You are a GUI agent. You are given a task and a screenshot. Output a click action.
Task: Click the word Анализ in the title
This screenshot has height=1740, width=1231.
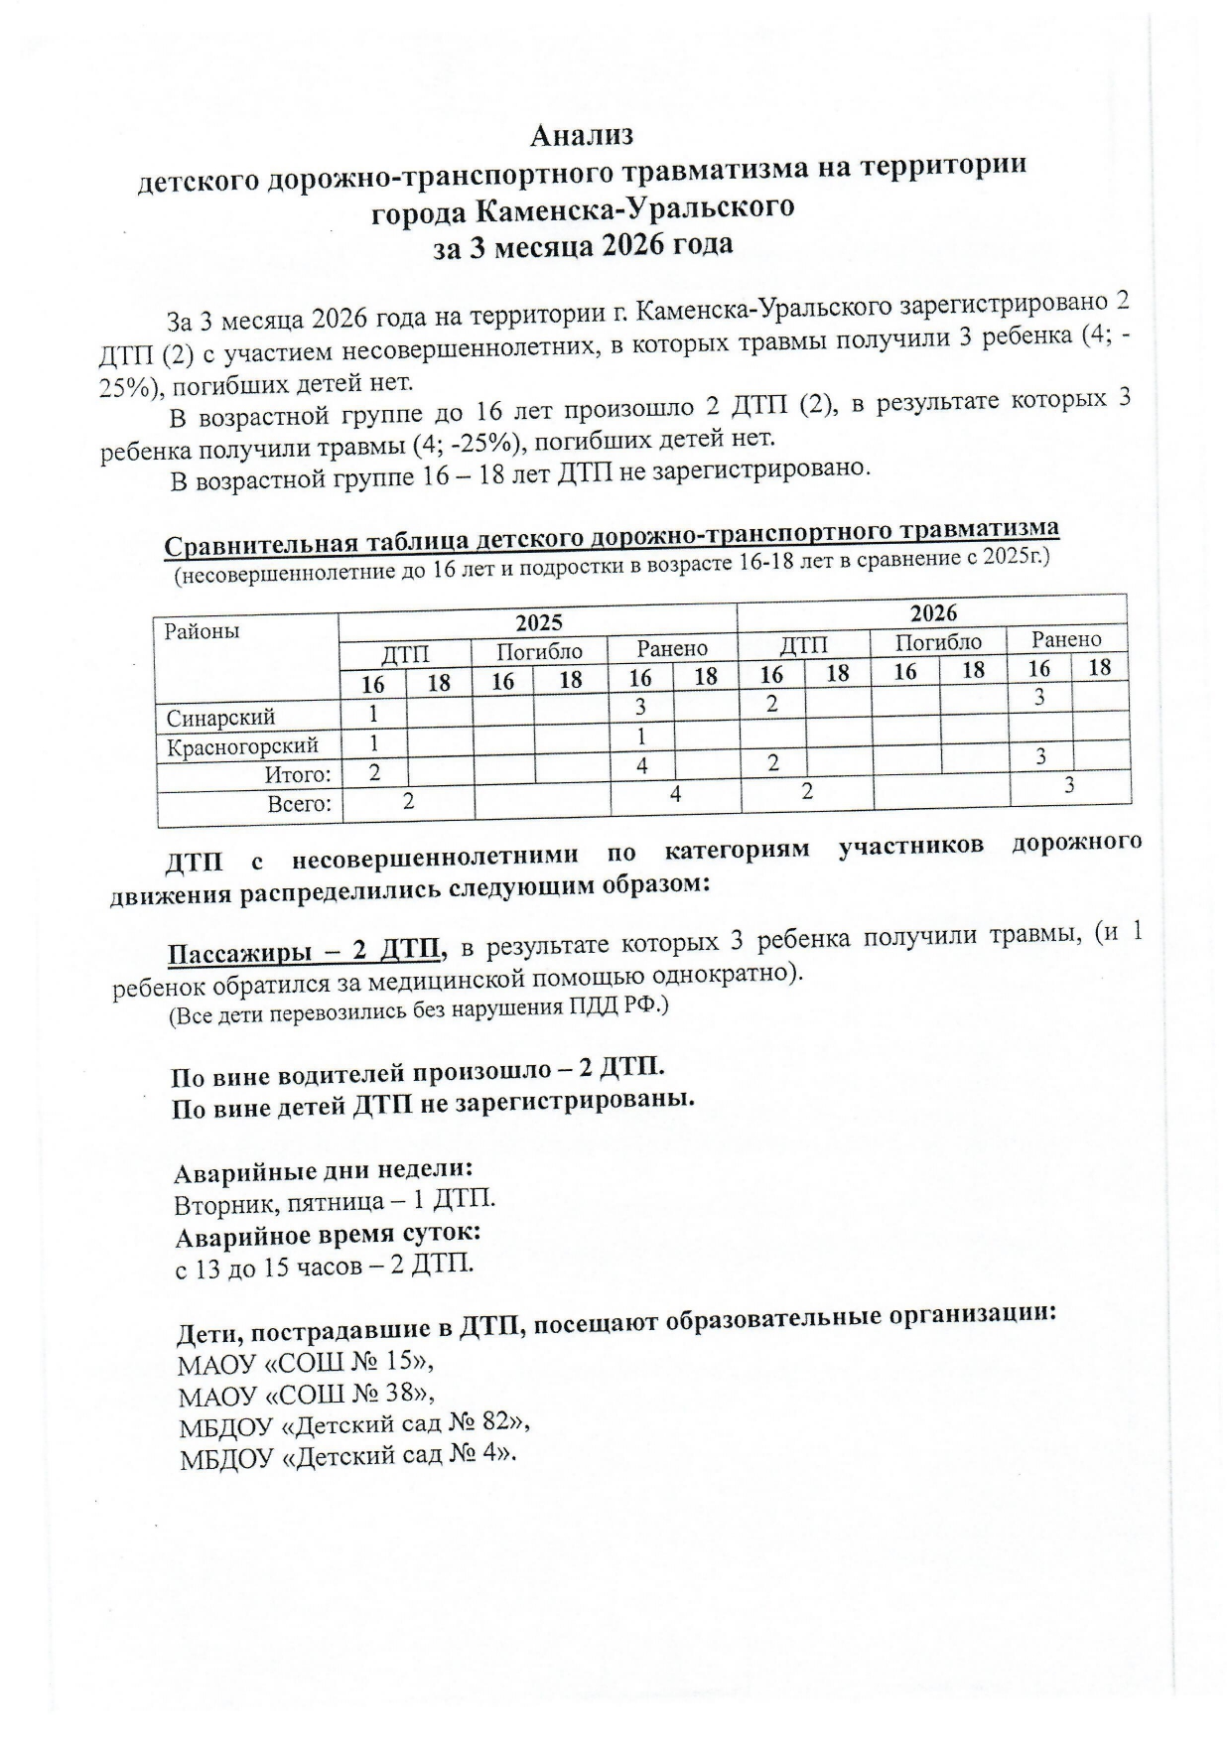coord(582,134)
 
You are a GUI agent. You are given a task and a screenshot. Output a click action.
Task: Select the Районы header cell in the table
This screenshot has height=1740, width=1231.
coord(203,631)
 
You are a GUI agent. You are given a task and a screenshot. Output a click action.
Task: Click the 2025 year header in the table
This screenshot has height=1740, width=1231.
coord(538,622)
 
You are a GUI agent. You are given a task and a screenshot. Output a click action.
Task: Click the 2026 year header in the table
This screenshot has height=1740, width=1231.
coord(933,612)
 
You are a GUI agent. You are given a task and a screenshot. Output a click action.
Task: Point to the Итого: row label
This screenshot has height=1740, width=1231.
coord(297,775)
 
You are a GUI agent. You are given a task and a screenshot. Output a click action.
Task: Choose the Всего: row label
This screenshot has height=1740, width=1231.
coord(299,804)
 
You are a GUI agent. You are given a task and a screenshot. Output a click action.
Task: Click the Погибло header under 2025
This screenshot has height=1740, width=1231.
coord(539,652)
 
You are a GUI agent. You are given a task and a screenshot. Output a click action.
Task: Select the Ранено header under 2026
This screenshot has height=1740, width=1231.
coord(1065,640)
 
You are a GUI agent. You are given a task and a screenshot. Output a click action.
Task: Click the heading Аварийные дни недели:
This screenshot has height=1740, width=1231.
coord(323,1171)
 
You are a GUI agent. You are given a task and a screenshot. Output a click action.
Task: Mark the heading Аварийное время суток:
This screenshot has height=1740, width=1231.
coord(328,1236)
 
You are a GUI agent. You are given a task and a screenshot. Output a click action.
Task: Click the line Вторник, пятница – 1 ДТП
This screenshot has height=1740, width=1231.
coord(335,1203)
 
